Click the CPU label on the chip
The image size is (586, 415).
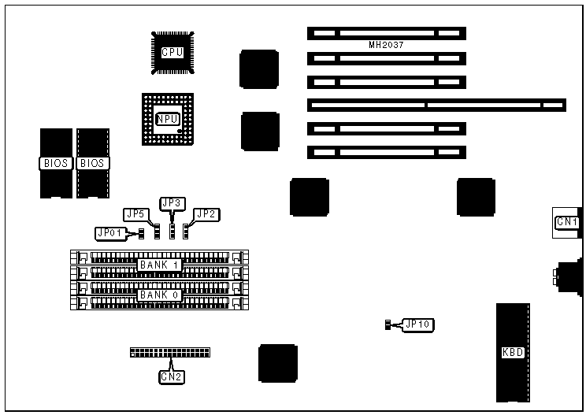click(x=172, y=53)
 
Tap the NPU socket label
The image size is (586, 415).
click(x=168, y=119)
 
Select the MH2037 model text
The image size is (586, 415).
click(x=386, y=46)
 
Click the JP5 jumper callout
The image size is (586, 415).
click(x=135, y=213)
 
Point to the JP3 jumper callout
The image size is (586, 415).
click(x=172, y=203)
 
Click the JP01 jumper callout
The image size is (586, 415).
click(x=109, y=233)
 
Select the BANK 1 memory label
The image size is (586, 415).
click(x=160, y=265)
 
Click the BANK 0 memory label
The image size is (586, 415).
click(x=160, y=295)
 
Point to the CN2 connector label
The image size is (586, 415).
click(x=172, y=376)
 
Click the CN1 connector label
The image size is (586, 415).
click(x=567, y=222)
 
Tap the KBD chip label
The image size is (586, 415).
click(x=513, y=352)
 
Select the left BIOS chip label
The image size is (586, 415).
click(x=55, y=163)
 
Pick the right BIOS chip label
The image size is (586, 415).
click(x=92, y=163)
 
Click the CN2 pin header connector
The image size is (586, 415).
click(x=175, y=352)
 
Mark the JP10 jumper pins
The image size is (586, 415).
click(x=388, y=324)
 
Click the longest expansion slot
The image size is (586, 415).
click(x=436, y=105)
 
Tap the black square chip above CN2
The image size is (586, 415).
click(x=278, y=363)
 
